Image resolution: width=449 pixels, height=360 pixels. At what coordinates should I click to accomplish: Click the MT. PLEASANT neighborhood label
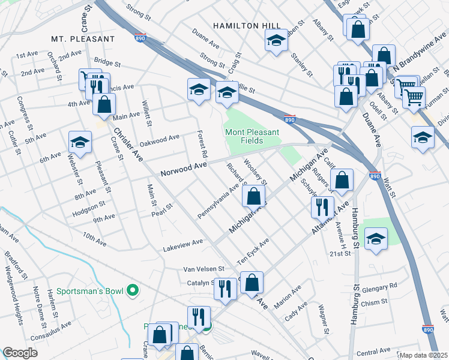(x=82, y=38)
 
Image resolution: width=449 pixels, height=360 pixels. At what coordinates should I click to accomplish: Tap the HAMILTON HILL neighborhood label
(x=247, y=26)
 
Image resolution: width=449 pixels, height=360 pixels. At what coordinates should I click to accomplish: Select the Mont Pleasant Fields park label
(x=244, y=136)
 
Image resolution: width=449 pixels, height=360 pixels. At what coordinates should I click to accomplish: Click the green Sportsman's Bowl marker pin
(x=133, y=292)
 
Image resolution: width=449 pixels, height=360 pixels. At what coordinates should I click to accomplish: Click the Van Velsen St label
(x=203, y=269)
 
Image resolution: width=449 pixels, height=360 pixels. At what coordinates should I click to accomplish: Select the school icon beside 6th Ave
(x=80, y=143)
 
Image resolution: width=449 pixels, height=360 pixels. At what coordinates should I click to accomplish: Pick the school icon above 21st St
(x=376, y=239)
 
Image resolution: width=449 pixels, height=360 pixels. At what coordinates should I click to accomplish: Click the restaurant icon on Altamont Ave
(x=322, y=207)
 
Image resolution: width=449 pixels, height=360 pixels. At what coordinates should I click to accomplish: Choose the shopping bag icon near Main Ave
(x=104, y=104)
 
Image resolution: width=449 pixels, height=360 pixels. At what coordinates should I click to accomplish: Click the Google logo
(x=20, y=353)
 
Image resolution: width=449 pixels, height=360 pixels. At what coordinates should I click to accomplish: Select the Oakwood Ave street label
(x=160, y=138)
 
